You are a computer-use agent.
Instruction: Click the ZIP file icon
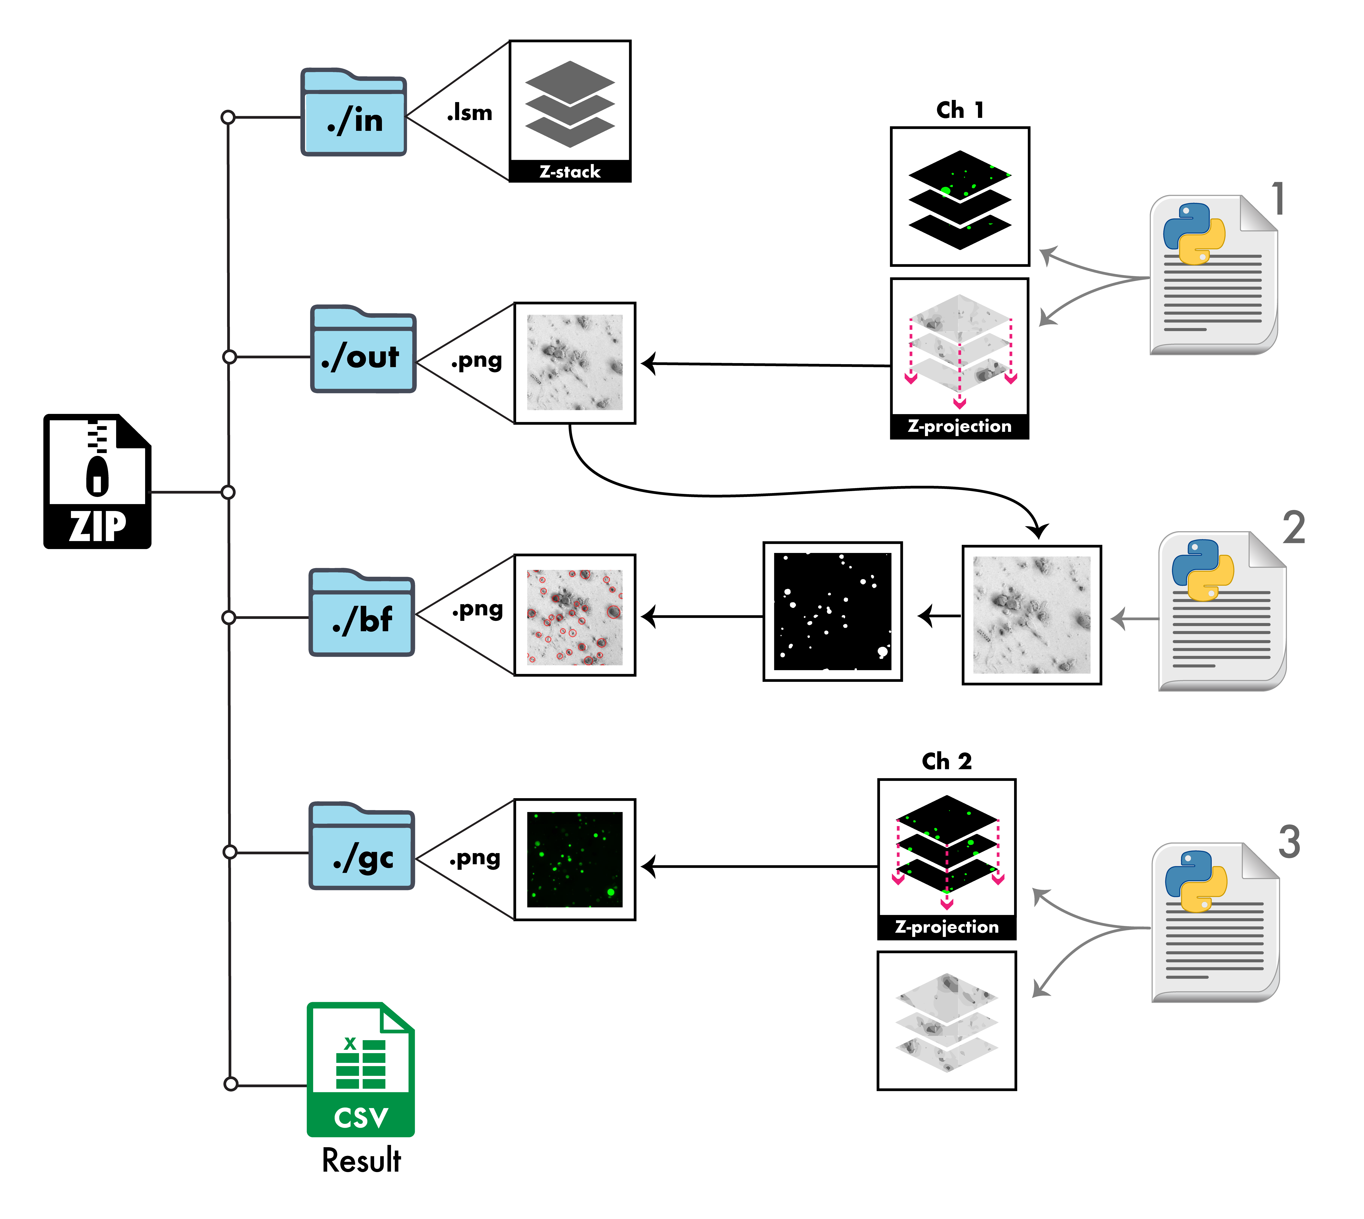click(x=97, y=481)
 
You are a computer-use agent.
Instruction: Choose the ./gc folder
click(x=362, y=847)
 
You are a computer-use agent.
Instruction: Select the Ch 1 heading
click(x=959, y=110)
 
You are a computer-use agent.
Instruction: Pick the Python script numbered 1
click(x=1213, y=275)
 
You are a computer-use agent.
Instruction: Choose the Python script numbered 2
click(x=1221, y=611)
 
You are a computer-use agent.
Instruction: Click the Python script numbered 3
click(x=1215, y=922)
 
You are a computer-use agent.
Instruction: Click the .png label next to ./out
click(x=476, y=361)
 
